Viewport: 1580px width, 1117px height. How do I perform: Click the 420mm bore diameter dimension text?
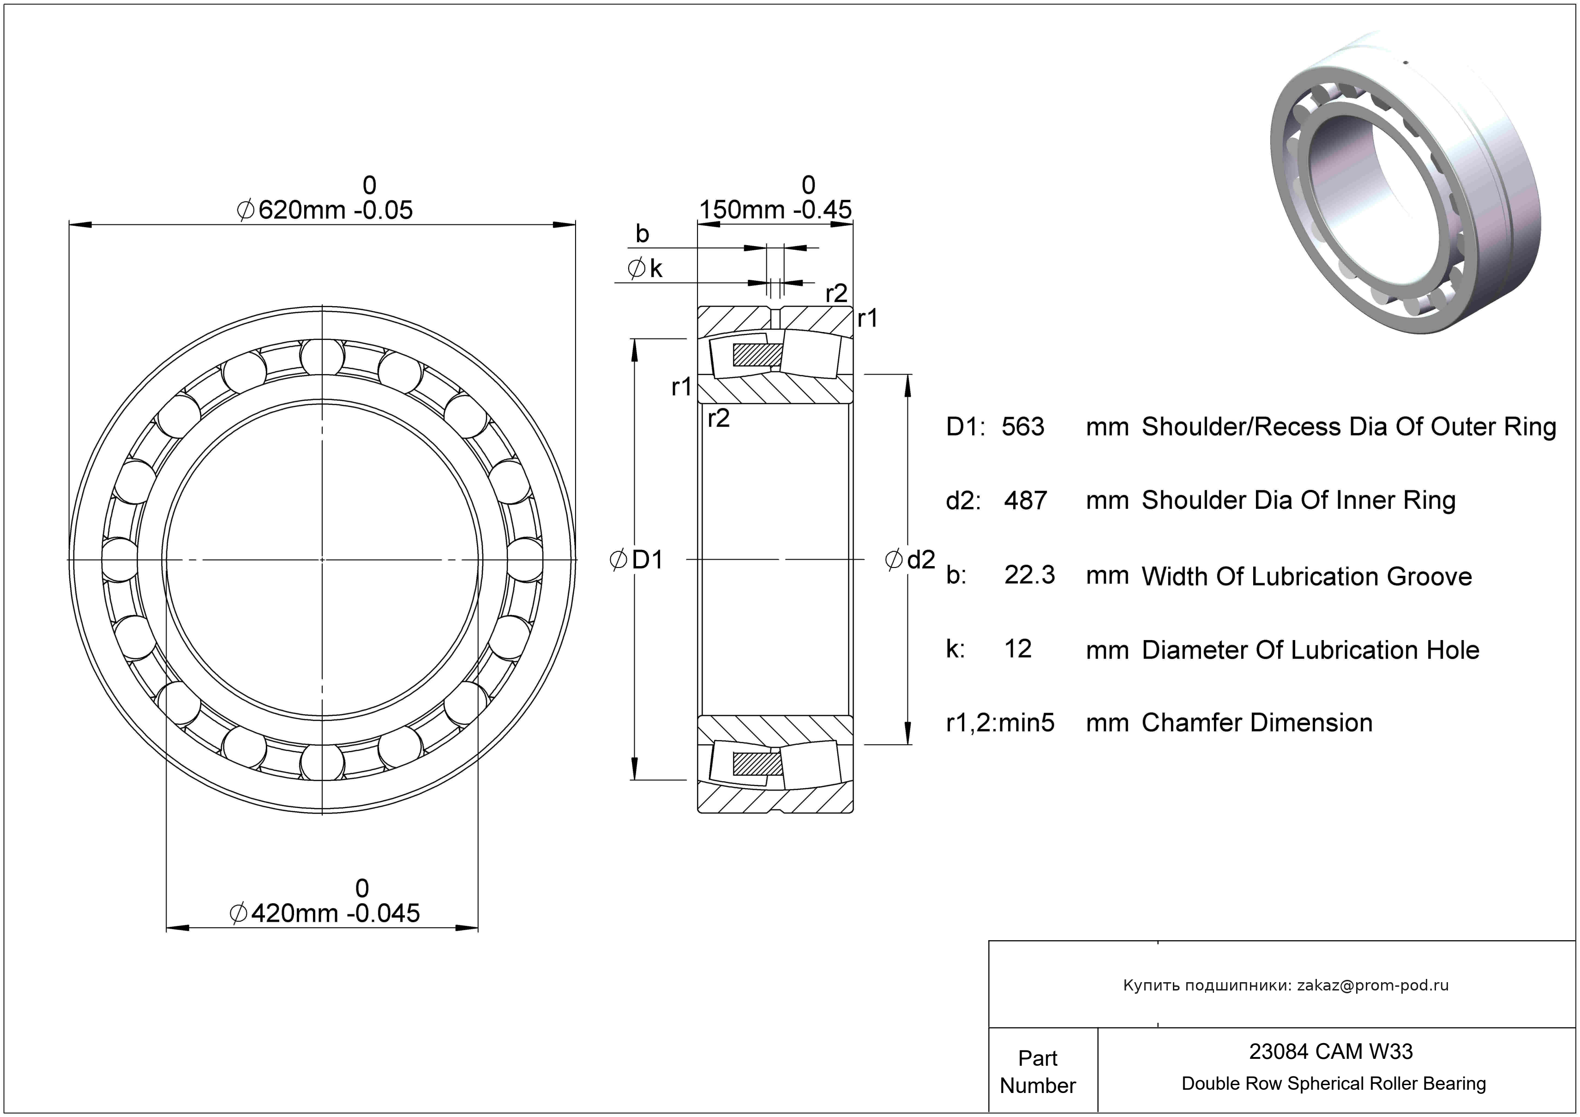pos(325,913)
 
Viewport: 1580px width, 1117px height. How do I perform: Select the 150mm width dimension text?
pos(775,209)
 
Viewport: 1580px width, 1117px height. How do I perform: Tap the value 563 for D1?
pos(1022,428)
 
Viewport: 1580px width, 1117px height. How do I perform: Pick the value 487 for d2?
pos(1025,501)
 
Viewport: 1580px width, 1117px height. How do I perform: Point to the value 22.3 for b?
pos(1029,575)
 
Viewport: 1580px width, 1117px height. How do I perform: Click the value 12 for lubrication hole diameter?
pos(1018,649)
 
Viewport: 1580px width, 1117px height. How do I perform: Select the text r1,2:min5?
pos(1000,723)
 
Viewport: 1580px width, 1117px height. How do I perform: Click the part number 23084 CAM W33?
pos(1330,1051)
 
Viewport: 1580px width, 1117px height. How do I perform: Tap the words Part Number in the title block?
pos(1037,1072)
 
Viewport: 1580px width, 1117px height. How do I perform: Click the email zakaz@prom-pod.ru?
pos(1372,985)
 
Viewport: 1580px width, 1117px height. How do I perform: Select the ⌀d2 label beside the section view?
pos(910,560)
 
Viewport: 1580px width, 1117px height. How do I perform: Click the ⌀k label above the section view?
pos(645,268)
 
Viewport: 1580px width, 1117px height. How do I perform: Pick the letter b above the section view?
pos(642,234)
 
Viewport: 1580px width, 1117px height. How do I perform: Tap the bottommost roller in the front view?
pos(322,762)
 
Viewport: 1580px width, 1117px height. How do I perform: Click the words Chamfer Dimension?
pos(1256,723)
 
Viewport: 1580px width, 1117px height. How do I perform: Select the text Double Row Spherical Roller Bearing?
pos(1333,1084)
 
